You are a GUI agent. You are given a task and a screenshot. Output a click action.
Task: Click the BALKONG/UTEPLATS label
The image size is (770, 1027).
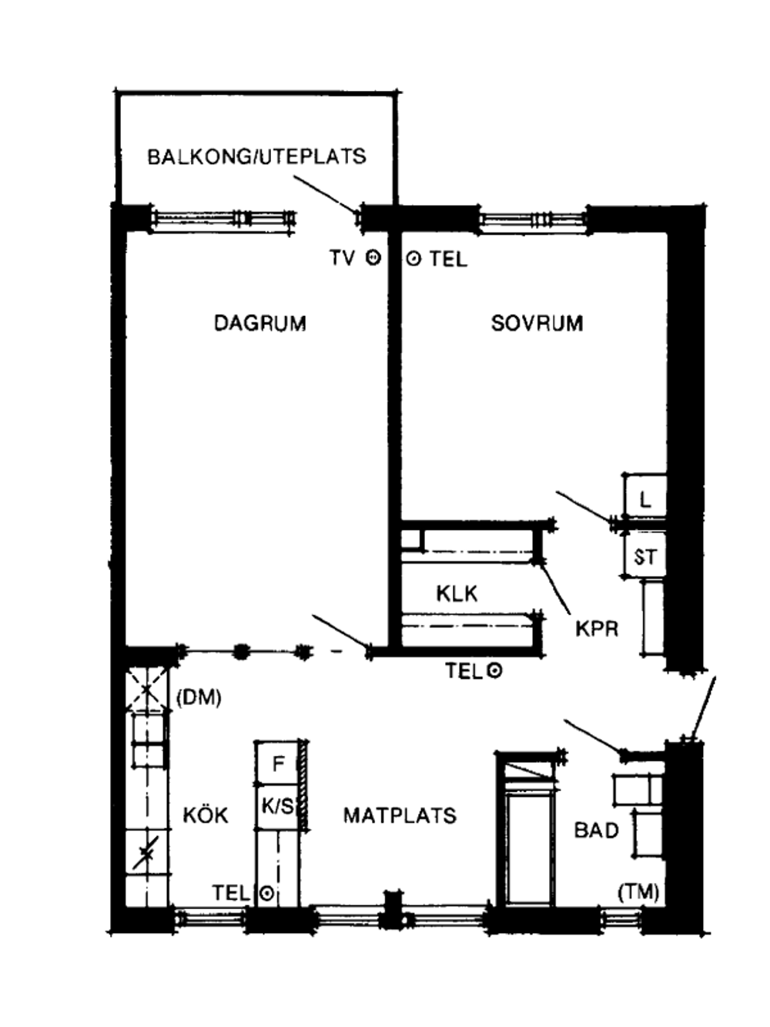[x=256, y=156]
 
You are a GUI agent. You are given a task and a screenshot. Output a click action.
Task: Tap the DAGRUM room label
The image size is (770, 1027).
[x=260, y=324]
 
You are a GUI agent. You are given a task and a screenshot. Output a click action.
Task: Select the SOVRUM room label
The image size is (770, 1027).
[x=537, y=324]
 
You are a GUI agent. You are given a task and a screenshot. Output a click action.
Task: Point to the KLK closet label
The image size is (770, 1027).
[x=457, y=594]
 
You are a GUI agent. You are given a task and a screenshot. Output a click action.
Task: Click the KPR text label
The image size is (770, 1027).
[x=597, y=629]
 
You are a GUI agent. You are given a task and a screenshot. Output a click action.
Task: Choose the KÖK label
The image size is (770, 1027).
[x=206, y=815]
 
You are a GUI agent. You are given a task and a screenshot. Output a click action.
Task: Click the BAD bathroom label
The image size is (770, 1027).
[x=596, y=831]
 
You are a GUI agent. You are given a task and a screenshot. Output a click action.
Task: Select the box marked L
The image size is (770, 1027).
[x=645, y=496]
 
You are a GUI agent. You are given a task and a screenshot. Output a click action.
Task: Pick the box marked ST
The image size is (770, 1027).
[x=645, y=555]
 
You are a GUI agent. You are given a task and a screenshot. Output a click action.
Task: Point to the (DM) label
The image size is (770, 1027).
[x=199, y=698]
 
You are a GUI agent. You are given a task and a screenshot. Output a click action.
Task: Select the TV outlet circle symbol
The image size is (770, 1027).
[x=373, y=257]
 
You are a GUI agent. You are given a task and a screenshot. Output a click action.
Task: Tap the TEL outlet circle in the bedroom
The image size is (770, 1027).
[x=413, y=258]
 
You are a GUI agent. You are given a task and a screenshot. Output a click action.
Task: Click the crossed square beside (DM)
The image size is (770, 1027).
[x=147, y=690]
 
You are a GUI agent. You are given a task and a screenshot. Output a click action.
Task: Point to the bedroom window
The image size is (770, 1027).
[x=533, y=219]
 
